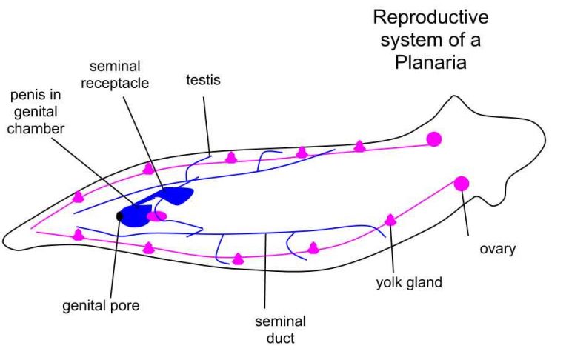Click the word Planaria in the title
pos(430,63)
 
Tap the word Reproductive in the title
pos(430,16)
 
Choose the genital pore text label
pos(102,304)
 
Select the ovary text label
pos(496,249)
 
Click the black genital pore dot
pos(120,216)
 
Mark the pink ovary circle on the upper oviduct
pos(433,139)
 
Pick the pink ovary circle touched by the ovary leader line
pos(461,183)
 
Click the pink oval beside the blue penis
pos(156,216)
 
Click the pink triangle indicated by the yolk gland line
pos(390,219)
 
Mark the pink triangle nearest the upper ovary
pos(359,147)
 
